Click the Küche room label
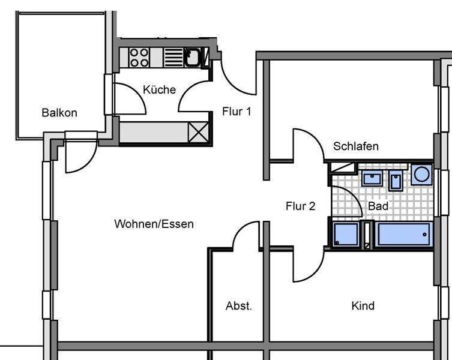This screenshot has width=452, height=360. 159,89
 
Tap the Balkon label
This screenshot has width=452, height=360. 59,113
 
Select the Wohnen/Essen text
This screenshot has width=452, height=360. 154,224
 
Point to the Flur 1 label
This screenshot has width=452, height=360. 237,111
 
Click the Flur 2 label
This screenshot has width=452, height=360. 300,206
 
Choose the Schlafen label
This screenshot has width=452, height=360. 356,146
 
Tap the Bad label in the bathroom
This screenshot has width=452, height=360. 378,206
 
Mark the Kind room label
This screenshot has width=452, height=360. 363,306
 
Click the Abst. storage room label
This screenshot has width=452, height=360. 238,306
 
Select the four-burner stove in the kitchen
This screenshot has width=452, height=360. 139,58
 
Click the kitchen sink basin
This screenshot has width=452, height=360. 193,58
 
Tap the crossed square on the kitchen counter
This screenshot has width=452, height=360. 197,131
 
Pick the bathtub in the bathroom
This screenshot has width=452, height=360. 403,235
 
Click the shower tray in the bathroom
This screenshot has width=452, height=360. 346,235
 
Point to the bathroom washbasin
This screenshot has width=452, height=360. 372,178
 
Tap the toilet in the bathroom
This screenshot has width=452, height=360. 396,179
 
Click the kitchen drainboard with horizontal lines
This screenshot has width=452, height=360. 173,58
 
